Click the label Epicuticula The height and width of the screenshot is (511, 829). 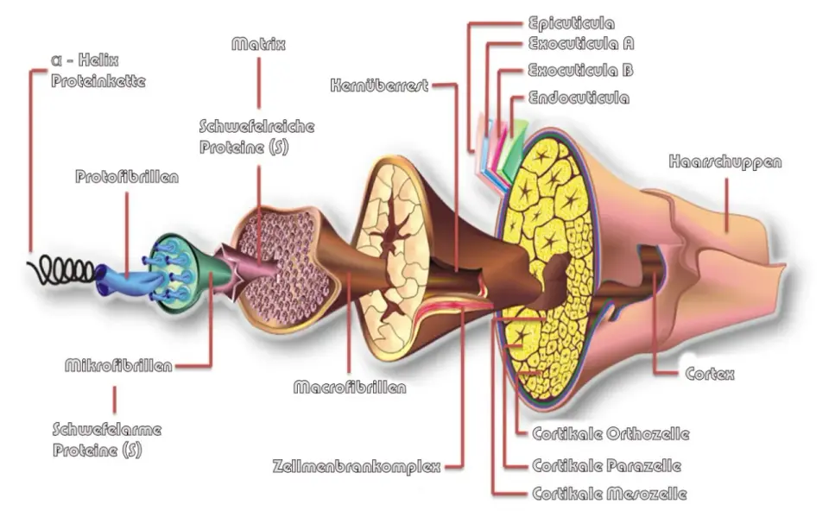572,23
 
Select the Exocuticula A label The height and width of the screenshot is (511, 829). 581,43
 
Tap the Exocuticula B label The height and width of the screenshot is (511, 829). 580,70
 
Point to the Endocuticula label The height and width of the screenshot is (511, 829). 579,98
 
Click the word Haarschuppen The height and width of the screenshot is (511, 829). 725,161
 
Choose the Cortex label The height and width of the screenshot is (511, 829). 710,374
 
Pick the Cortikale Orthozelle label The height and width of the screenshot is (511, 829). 611,434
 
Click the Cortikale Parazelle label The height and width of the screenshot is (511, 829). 606,465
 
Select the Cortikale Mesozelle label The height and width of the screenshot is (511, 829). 610,494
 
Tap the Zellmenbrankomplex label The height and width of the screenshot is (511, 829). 357,467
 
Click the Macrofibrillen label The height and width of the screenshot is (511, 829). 350,388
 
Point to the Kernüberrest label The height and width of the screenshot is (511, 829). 379,85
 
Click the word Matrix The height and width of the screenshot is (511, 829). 258,44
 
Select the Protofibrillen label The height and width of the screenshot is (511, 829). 127,176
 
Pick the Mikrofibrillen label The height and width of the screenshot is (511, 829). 118,365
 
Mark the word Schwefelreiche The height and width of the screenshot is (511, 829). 257,126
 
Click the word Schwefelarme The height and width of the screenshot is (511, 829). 107,429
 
